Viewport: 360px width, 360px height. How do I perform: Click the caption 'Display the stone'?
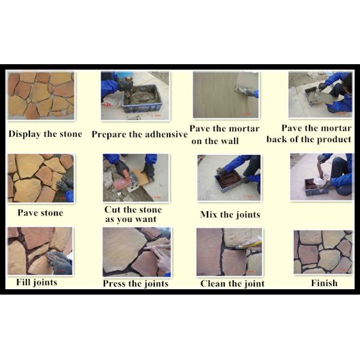[x=45, y=134]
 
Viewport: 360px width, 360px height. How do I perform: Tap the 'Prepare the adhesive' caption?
[x=139, y=134]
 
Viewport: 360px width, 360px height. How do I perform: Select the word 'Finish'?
[x=324, y=283]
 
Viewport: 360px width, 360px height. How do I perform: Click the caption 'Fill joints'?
[x=37, y=283]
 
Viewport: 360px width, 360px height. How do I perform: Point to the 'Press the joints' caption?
[x=136, y=284]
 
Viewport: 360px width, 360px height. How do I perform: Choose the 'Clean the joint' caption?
[x=232, y=284]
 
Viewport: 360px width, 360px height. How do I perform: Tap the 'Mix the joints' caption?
[x=230, y=215]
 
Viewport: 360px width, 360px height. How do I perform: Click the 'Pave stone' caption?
[x=40, y=213]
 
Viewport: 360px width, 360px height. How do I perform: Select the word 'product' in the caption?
[x=334, y=140]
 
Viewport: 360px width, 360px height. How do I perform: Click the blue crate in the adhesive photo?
[x=142, y=99]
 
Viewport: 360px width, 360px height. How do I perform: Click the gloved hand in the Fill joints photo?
[x=59, y=262]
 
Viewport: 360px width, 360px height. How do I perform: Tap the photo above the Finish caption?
[x=323, y=252]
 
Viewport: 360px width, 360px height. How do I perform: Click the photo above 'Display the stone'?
[x=41, y=95]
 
